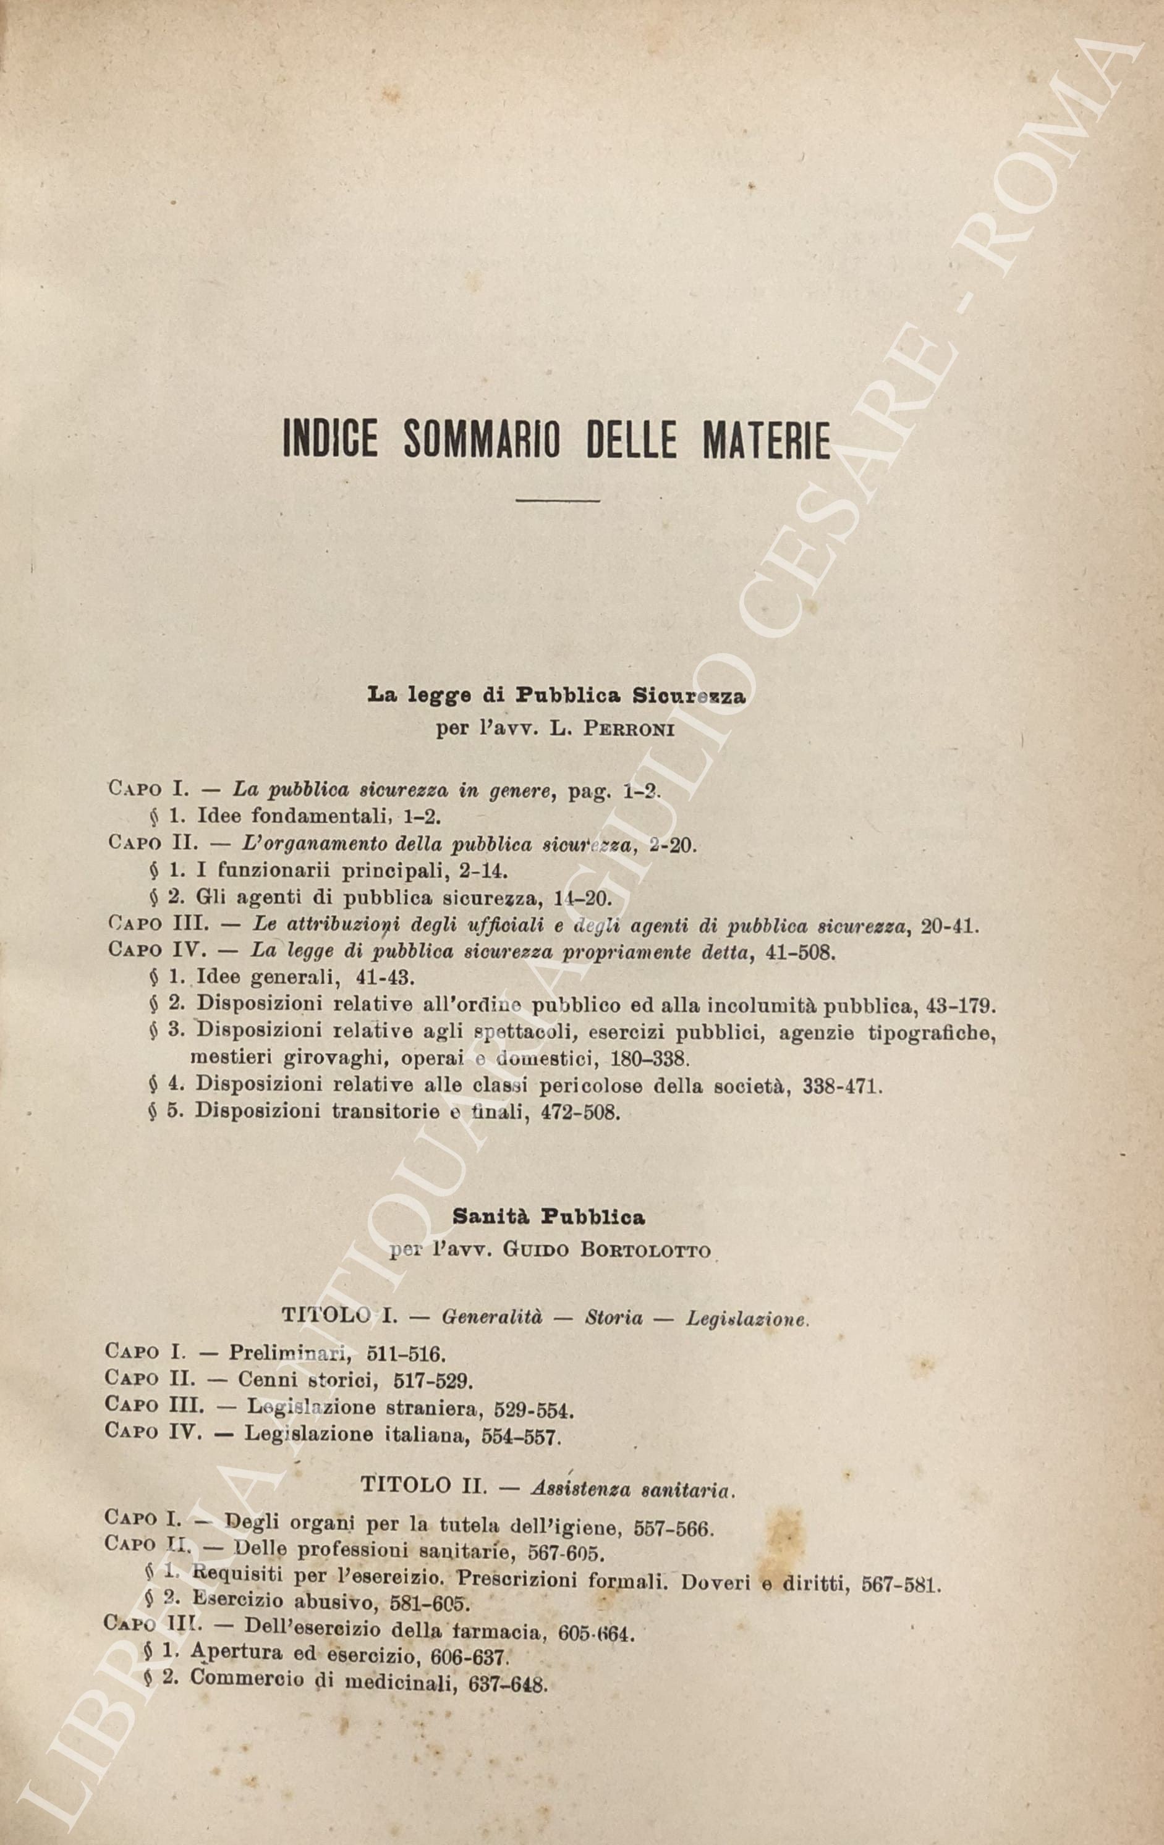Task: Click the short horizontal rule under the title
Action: click(558, 501)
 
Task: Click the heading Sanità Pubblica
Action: click(548, 1216)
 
